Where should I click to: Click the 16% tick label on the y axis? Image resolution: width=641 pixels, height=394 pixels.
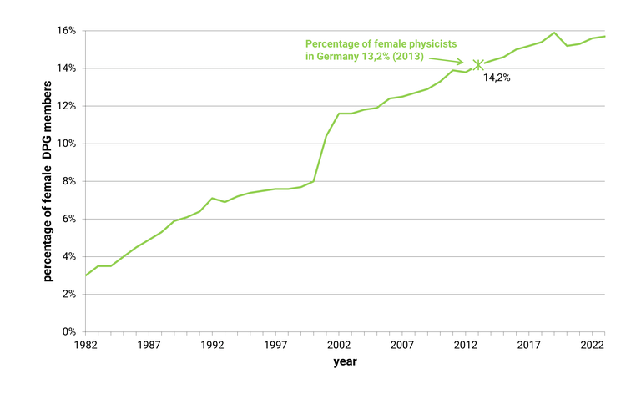click(66, 31)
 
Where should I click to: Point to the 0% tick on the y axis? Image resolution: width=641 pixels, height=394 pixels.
click(69, 332)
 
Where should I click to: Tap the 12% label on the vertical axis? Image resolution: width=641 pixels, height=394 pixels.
click(66, 106)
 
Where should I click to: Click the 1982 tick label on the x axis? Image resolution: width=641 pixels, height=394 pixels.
click(86, 345)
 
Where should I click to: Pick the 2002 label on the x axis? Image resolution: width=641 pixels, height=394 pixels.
click(338, 345)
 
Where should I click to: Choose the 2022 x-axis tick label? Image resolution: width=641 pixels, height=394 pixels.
click(592, 345)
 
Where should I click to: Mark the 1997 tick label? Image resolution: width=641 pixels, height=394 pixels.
click(275, 345)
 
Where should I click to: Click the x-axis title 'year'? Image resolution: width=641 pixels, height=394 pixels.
click(345, 362)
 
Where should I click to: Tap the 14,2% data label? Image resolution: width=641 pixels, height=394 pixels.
click(497, 78)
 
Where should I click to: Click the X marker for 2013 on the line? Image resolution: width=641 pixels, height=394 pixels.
click(478, 64)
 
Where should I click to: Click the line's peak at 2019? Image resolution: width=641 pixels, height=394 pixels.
click(554, 33)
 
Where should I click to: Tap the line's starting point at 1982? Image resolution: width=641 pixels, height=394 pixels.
click(86, 275)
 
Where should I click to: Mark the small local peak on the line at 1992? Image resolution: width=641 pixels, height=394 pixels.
click(212, 198)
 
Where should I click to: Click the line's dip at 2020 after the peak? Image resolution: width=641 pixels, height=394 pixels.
click(567, 45)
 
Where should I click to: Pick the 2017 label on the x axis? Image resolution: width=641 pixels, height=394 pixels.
click(528, 345)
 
